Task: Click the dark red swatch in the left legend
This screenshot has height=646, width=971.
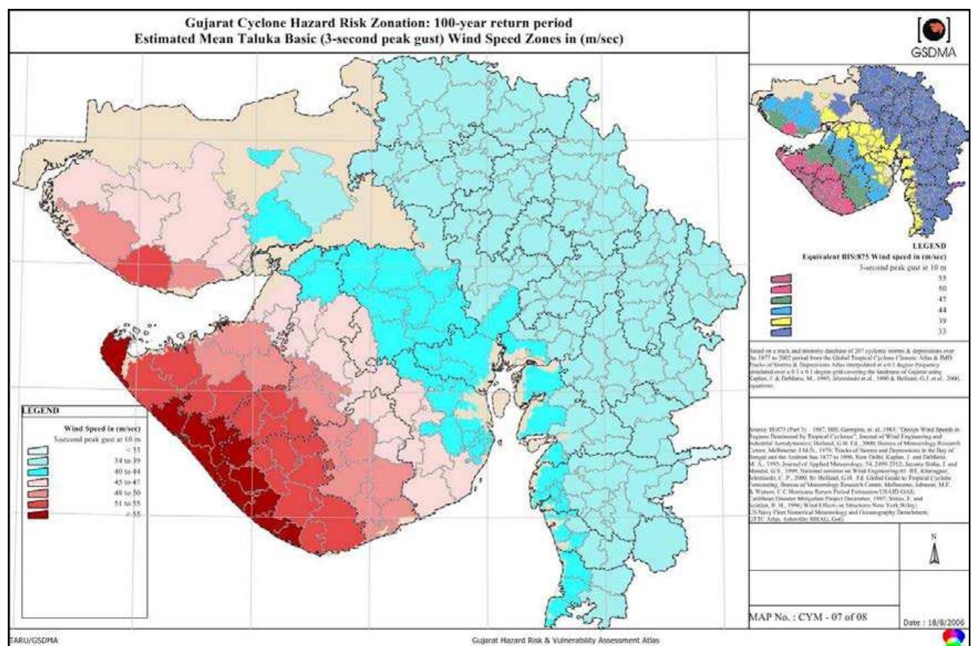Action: (38, 514)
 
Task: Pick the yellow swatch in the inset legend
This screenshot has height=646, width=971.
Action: (785, 321)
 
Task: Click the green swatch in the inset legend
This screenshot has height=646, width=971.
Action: (785, 299)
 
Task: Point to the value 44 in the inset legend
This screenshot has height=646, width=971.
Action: (942, 310)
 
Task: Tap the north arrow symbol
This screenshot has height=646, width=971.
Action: (934, 553)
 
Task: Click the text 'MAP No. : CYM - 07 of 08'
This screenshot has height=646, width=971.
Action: (808, 617)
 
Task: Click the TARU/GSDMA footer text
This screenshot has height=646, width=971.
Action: (34, 640)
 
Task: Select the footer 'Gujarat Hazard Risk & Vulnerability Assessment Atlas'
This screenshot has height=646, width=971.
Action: (565, 640)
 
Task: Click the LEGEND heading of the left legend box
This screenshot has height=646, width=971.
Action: (40, 410)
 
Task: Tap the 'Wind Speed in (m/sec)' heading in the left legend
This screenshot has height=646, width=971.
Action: (102, 429)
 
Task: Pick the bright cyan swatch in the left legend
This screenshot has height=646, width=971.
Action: (38, 471)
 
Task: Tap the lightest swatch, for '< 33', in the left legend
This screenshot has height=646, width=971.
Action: (38, 450)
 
